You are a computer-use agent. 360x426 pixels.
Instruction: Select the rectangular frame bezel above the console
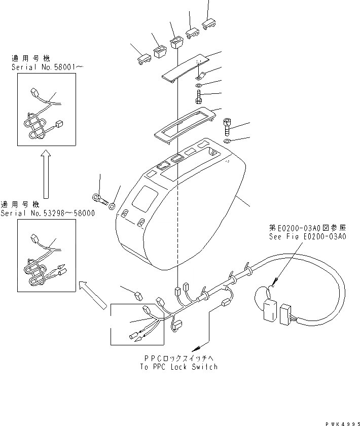[x=182, y=122]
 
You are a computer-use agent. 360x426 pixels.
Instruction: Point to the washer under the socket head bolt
[x=227, y=140]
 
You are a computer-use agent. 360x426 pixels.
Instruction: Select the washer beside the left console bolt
[x=112, y=205]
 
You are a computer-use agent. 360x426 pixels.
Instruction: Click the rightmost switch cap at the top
[x=208, y=24]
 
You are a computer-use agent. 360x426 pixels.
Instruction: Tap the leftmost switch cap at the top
[x=143, y=59]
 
